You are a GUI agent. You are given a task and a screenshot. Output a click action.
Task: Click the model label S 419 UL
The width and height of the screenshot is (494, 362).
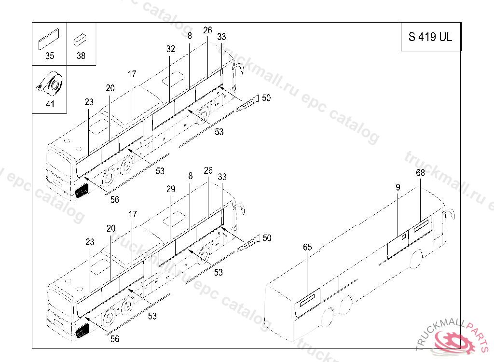point(430,37)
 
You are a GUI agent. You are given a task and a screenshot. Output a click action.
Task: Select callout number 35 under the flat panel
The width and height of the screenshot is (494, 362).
point(50,56)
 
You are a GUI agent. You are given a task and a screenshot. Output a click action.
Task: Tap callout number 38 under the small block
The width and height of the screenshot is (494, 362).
point(81,56)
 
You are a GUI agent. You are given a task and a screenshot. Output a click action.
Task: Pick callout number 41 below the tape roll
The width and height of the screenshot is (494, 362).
point(50,104)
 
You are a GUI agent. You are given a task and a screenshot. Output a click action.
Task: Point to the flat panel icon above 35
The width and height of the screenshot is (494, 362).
point(49,39)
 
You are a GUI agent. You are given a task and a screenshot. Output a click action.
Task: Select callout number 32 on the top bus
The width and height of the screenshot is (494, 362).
point(170,49)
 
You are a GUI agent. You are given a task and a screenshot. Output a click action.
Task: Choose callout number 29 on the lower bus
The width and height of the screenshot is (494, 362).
point(171,189)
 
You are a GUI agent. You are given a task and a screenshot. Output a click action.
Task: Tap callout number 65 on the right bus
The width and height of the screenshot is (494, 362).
point(307,247)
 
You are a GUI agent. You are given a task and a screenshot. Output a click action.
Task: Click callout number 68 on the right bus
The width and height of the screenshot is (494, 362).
point(420,172)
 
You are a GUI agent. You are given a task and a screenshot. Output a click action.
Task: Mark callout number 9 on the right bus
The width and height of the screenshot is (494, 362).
point(398,187)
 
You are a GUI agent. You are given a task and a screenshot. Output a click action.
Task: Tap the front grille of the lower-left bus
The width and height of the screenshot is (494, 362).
point(82,331)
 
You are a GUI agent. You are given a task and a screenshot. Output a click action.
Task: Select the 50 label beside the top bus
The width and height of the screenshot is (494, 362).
point(266,98)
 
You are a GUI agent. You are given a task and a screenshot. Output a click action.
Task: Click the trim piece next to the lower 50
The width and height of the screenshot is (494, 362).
point(248,243)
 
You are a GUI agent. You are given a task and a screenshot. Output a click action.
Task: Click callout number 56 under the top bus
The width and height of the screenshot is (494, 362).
point(115,200)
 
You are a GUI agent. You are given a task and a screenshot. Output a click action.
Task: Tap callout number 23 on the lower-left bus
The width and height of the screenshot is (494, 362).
point(90,242)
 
